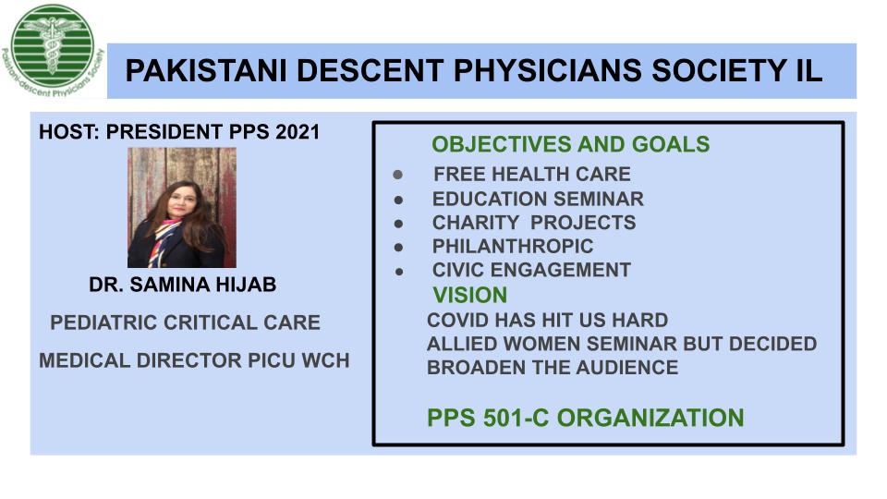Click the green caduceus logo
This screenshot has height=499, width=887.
tap(53, 50)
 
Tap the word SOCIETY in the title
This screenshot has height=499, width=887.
tap(714, 71)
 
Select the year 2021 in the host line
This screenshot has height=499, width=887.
tap(298, 132)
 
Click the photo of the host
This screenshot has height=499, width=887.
tap(182, 208)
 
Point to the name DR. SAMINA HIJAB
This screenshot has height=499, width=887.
tap(183, 284)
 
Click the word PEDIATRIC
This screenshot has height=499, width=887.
tap(103, 323)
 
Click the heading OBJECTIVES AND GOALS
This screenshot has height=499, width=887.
tap(571, 144)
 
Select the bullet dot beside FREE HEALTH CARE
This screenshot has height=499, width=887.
tap(398, 175)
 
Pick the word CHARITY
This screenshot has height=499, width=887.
tap(475, 223)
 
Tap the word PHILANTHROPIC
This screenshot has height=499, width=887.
tap(513, 247)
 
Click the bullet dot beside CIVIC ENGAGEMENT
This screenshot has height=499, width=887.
tap(399, 272)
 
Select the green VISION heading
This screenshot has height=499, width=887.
tap(470, 296)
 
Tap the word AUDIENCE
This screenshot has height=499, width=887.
tap(626, 368)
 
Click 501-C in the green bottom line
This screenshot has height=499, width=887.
tap(516, 418)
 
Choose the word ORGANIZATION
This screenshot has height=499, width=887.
tap(650, 418)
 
